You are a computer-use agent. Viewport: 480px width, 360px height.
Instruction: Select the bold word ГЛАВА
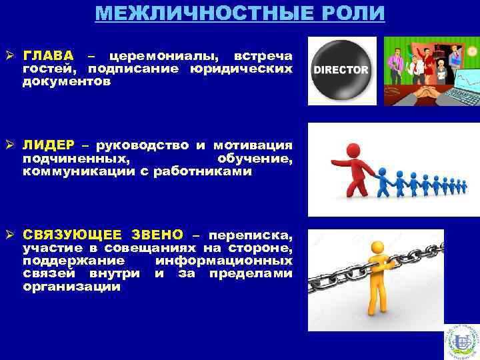pyautogui.click(x=49, y=55)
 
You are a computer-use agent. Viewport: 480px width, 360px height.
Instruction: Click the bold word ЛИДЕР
pyautogui.click(x=49, y=145)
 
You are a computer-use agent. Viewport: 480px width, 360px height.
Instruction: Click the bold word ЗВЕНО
pyautogui.click(x=156, y=235)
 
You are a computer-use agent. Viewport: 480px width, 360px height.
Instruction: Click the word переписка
pyautogui.click(x=250, y=235)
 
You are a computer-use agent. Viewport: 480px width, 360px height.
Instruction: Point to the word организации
pyautogui.click(x=71, y=287)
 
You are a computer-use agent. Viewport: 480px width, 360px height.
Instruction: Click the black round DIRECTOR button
pyautogui.click(x=341, y=69)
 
